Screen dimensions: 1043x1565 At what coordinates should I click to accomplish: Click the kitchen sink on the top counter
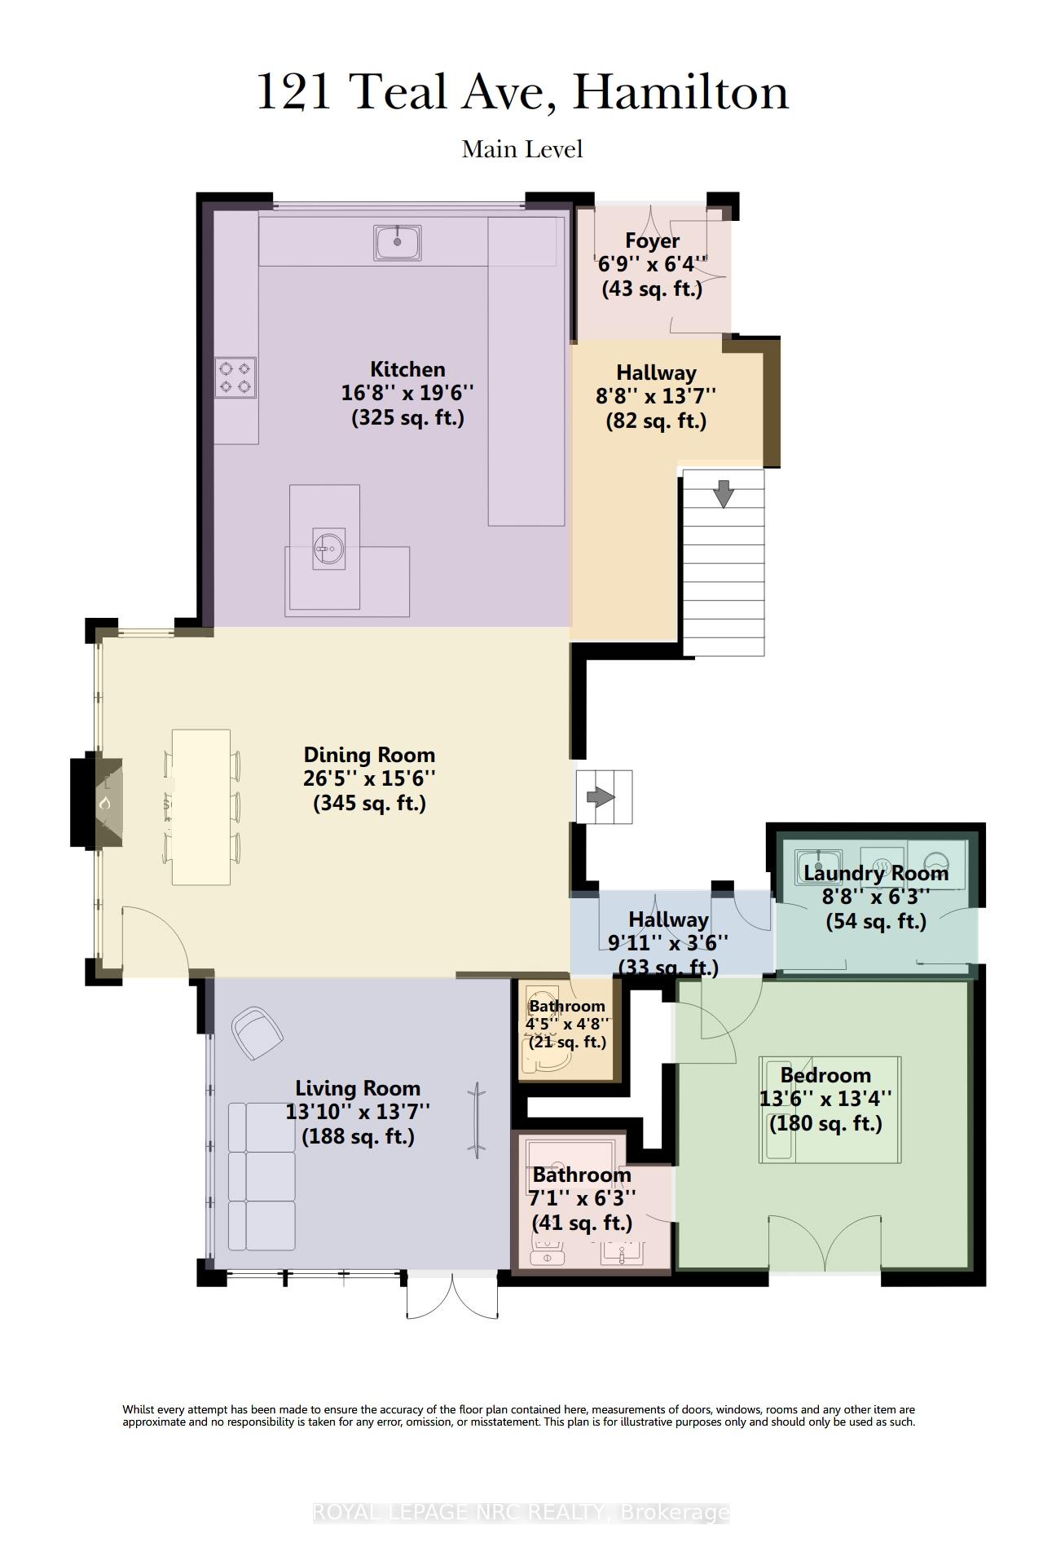(398, 243)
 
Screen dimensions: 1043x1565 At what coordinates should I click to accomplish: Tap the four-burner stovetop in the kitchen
(235, 377)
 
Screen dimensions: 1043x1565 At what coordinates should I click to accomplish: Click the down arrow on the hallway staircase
(724, 494)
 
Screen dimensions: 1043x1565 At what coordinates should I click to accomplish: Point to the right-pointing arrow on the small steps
(601, 796)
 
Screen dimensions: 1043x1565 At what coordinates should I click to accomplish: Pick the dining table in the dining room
(201, 807)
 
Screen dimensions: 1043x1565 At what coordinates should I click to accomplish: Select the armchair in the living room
(257, 1033)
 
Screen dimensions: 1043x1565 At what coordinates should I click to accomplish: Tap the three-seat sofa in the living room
(262, 1176)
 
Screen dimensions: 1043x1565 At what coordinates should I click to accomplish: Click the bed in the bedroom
(830, 1109)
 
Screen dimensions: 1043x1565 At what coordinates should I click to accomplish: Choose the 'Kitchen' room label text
(407, 369)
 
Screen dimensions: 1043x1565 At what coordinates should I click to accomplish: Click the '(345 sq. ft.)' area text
(370, 803)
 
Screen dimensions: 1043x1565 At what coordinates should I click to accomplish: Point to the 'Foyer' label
(652, 241)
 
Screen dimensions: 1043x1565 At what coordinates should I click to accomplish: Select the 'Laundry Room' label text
(876, 873)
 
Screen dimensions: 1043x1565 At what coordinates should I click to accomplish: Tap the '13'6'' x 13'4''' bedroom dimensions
(826, 1099)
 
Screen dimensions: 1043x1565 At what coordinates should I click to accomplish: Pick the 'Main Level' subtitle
(522, 149)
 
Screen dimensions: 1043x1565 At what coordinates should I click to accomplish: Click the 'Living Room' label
(358, 1088)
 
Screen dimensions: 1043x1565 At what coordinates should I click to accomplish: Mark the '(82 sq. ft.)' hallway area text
(656, 421)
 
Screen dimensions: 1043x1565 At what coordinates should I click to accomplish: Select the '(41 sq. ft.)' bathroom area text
(582, 1223)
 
